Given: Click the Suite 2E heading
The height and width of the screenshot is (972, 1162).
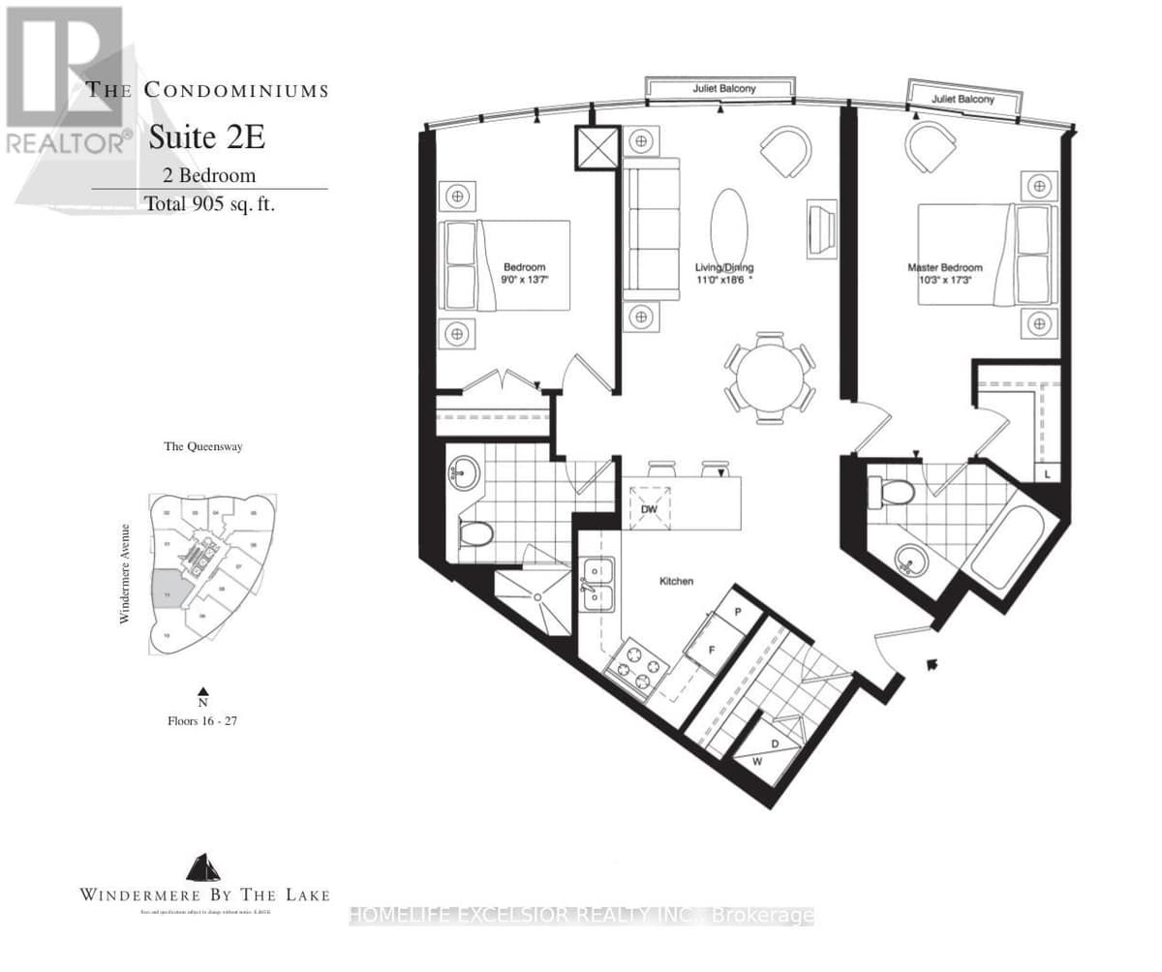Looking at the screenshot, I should coord(206,138).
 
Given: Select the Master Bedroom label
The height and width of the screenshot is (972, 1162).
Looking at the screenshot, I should coord(944,268).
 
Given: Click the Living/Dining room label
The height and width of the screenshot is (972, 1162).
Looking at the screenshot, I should coord(724,268).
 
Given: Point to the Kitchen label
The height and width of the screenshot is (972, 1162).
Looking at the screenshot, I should coord(676,581).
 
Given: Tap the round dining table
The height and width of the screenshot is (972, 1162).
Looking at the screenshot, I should coord(770,378).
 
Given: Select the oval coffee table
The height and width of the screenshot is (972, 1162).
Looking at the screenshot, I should coord(728,228).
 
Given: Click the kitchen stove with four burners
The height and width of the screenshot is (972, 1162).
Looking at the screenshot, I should coord(635,666).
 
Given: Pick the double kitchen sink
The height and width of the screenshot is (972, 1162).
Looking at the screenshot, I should coord(600,586).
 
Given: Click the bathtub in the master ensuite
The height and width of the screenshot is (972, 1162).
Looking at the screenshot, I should coord(1007,548).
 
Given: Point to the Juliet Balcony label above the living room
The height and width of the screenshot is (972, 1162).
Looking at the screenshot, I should coord(723,89).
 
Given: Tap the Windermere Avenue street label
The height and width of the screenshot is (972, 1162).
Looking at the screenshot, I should coord(125,560).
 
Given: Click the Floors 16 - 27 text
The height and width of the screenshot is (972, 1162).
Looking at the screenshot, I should coord(202,721).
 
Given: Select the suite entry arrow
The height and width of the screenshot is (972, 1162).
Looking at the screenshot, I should coord(933,664).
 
